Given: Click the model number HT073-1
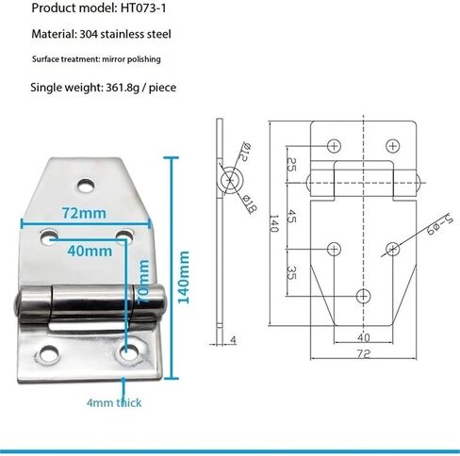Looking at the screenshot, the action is pyautogui.click(x=143, y=8).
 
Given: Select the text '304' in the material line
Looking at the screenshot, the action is pyautogui.click(x=89, y=34).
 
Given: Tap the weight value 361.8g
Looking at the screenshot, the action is pyautogui.click(x=123, y=88).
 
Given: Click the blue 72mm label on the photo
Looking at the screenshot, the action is pyautogui.click(x=84, y=213).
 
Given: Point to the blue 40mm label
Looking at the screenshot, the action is pyautogui.click(x=90, y=251).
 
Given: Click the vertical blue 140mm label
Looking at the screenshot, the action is pyautogui.click(x=184, y=277).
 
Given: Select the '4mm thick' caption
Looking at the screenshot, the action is pyautogui.click(x=114, y=402).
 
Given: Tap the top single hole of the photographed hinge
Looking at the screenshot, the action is pyautogui.click(x=88, y=186).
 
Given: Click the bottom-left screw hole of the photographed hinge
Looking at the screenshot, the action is pyautogui.click(x=49, y=353).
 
